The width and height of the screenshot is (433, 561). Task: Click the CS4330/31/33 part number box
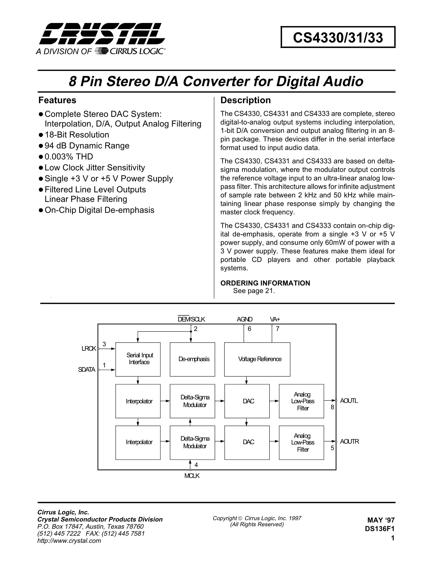(x=338, y=37)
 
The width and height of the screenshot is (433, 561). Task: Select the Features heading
(x=57, y=100)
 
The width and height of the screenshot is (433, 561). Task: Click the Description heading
(x=245, y=100)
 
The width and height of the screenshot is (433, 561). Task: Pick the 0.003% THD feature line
(x=69, y=157)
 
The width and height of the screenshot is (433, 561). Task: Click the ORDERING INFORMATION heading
(x=265, y=283)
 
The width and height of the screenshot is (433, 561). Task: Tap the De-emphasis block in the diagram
(x=192, y=359)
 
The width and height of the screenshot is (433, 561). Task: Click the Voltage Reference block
(x=257, y=359)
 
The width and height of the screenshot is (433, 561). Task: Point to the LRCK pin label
(x=88, y=349)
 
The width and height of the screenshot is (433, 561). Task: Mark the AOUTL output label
(x=349, y=401)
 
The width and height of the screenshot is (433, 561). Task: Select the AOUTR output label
(x=349, y=441)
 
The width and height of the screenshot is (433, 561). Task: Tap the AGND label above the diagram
(x=244, y=319)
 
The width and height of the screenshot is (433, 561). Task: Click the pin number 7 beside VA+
(x=277, y=329)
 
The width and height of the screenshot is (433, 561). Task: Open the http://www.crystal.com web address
(x=69, y=541)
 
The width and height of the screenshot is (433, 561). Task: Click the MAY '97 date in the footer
(x=381, y=520)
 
